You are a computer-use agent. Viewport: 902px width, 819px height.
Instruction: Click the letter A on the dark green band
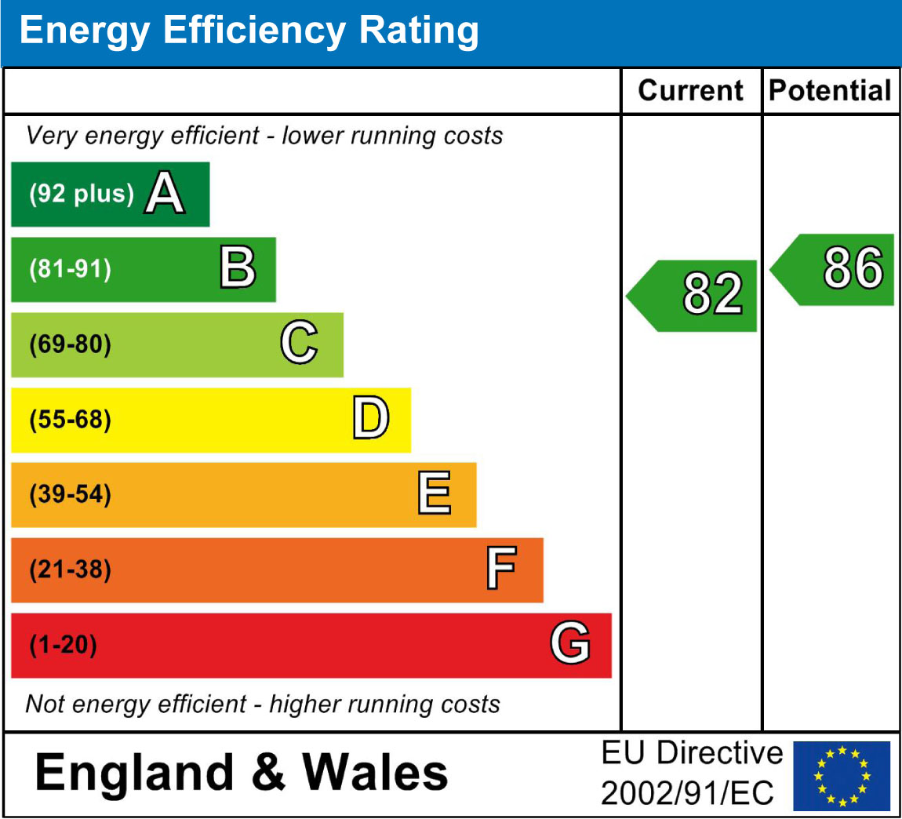pos(165,194)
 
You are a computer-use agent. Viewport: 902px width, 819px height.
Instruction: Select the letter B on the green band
pos(238,268)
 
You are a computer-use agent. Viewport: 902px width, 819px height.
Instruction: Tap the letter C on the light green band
pos(300,344)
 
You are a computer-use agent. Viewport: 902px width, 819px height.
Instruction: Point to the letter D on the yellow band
pos(370,419)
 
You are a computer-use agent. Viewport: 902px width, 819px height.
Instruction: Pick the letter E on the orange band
pos(435,494)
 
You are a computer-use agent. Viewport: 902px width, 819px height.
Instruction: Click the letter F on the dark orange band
pos(501,570)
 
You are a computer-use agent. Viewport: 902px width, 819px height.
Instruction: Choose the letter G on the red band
pos(570,644)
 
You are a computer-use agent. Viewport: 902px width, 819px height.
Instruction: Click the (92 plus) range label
pos(81,194)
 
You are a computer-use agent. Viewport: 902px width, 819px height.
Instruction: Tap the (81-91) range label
pos(71,269)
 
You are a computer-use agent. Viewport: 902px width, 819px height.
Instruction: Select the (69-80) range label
pos(71,344)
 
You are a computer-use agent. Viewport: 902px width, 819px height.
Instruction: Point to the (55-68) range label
pos(71,420)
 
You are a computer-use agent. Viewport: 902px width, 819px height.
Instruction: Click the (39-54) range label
pos(71,495)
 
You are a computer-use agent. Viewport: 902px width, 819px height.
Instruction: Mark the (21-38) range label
pos(71,570)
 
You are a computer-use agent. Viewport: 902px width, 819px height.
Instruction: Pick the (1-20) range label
pos(64,645)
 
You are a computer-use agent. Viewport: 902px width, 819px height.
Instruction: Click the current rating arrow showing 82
pos(694,295)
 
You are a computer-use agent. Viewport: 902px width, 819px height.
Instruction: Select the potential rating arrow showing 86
pos(835,269)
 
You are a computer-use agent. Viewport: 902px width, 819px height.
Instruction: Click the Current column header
pos(690,91)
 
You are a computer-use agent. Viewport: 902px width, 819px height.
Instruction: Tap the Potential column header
pos(830,91)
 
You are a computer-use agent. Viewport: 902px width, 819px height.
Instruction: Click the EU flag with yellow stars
pos(842,775)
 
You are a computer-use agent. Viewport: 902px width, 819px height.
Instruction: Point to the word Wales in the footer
pos(375,772)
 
